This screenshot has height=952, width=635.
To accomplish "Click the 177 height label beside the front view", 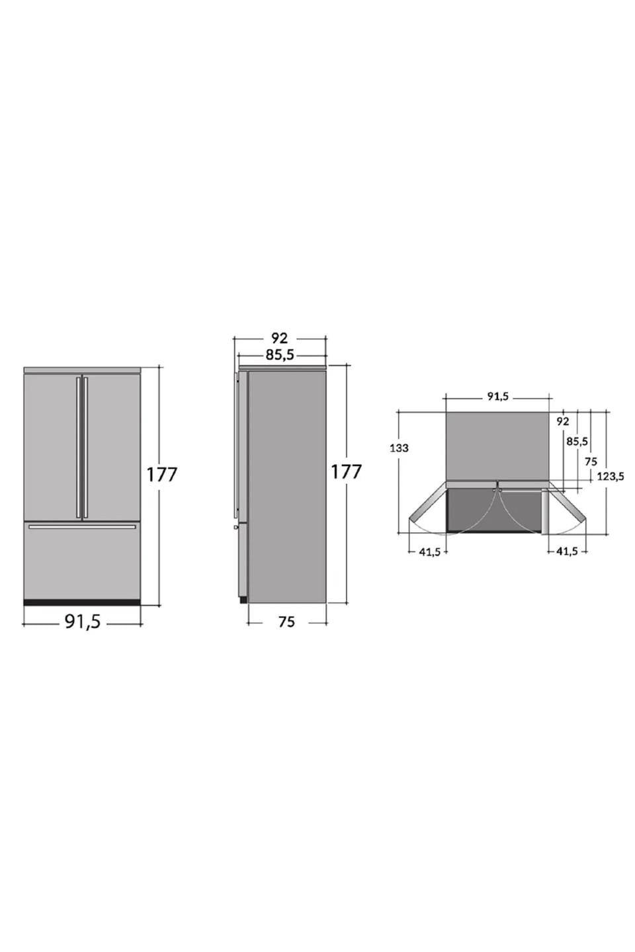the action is (x=161, y=474).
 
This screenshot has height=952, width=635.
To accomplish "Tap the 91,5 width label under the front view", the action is (x=83, y=621).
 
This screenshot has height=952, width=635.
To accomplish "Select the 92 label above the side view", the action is (x=279, y=338).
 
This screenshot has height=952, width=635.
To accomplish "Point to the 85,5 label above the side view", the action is (x=280, y=354).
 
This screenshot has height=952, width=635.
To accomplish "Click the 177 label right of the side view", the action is (x=346, y=472).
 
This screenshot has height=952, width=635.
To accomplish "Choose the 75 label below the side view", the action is (x=286, y=621).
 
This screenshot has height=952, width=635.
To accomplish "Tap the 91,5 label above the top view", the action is (x=497, y=397).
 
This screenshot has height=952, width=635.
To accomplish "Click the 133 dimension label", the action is (x=399, y=448).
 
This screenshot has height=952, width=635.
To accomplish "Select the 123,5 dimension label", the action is (x=611, y=477).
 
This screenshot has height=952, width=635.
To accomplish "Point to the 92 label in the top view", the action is (x=562, y=422).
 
